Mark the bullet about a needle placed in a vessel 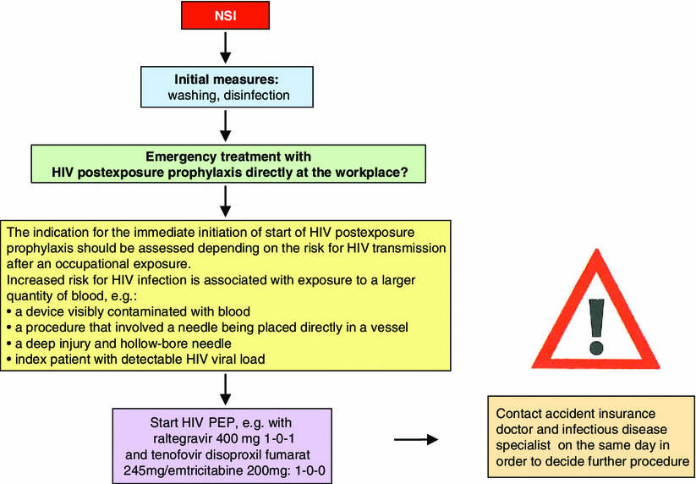pos(203,327)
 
